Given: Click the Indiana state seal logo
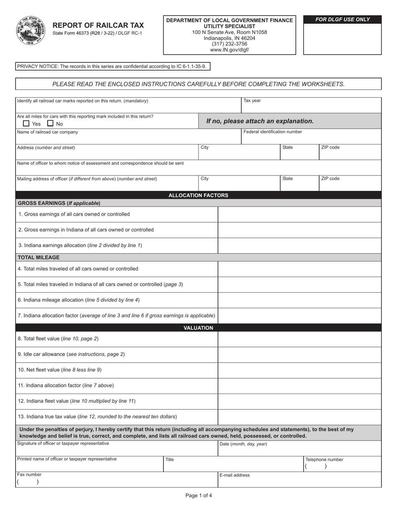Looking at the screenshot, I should (31, 30).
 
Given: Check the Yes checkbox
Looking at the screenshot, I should (26, 124).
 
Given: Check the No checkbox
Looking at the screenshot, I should (51, 124).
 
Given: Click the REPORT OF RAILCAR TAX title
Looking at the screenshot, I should (98, 25).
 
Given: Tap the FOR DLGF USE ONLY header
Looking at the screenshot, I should (342, 20).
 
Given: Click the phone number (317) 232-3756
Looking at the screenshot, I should (229, 44).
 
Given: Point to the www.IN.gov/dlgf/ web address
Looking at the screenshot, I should (229, 50).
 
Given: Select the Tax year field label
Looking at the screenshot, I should (252, 101).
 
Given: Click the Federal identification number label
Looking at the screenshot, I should (272, 132).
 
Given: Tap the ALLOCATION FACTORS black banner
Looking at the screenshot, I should (198, 195).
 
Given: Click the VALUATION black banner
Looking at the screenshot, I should (198, 328).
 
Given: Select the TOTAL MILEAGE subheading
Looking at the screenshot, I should (38, 257).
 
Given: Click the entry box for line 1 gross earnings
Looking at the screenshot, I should (299, 214).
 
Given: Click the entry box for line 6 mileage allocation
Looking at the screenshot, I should (299, 300).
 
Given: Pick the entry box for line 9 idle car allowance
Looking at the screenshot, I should (299, 355).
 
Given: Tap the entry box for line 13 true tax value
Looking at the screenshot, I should (299, 417).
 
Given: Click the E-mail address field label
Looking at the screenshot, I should (234, 475).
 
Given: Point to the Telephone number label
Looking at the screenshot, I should (324, 460).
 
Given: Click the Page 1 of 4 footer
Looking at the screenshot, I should (198, 496).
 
